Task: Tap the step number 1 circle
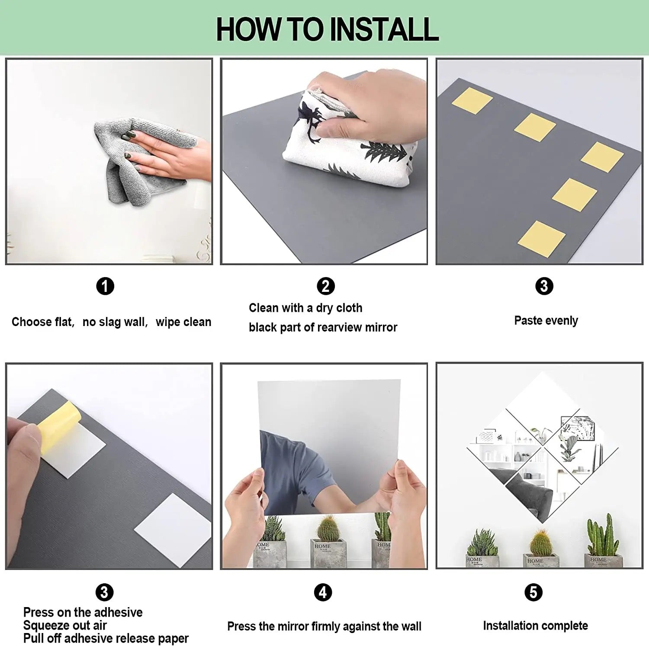click(105, 286)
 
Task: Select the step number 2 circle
click(326, 286)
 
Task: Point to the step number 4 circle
click(323, 592)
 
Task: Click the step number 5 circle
click(533, 592)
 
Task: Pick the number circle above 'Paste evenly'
click(544, 286)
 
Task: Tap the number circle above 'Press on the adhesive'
click(104, 592)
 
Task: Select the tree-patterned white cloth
click(346, 143)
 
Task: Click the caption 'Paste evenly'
click(546, 321)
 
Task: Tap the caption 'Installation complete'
click(535, 626)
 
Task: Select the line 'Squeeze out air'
click(65, 625)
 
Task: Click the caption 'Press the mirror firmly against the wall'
click(324, 627)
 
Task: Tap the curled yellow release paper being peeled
click(58, 426)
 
